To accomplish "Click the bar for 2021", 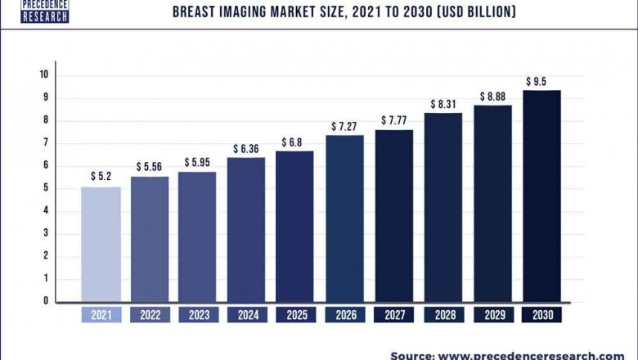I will [101, 244].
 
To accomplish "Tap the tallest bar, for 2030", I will [541, 196].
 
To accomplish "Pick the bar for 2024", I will [246, 229].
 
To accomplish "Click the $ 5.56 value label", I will [151, 166].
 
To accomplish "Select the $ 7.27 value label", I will [345, 126].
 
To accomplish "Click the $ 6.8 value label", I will [295, 142].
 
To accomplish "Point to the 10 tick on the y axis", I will [44, 75].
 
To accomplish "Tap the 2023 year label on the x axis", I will [198, 315].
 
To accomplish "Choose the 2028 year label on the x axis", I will [443, 315].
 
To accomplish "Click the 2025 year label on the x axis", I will [295, 315].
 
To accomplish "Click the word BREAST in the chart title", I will [195, 11].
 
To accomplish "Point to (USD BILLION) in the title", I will [461, 11].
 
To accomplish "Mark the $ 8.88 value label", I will [494, 96].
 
